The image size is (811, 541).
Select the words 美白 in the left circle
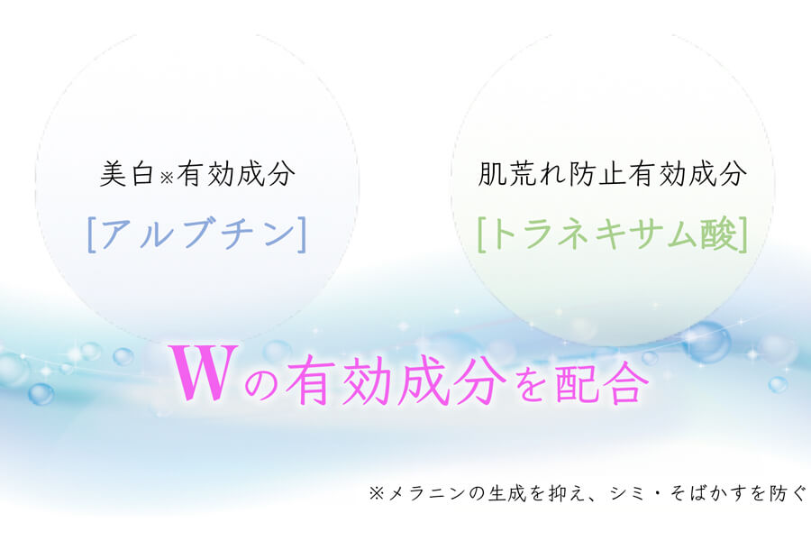[127, 173]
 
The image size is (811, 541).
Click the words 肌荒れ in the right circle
[522, 173]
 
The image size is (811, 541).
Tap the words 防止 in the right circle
[598, 173]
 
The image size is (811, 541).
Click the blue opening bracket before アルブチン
[92, 234]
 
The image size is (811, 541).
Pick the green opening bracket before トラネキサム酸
[482, 234]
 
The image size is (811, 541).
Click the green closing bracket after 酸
[743, 234]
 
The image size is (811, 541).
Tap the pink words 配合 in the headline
[603, 381]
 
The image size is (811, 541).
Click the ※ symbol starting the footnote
[377, 493]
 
